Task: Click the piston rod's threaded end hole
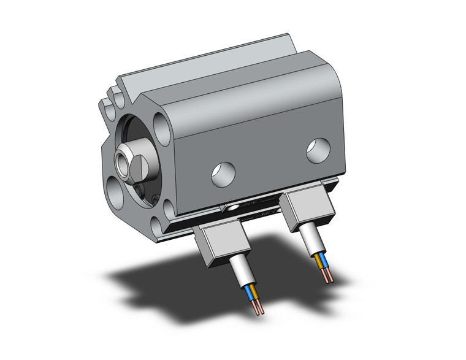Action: [122, 164]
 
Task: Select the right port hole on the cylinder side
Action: [318, 150]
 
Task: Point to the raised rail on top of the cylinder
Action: [202, 61]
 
